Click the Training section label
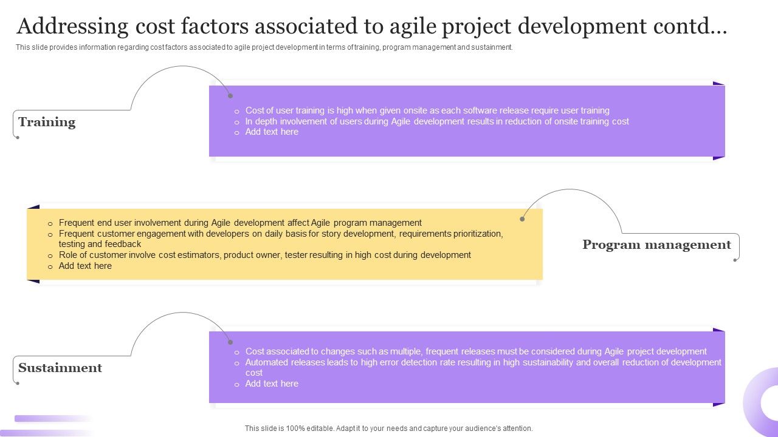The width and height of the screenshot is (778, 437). coord(47,122)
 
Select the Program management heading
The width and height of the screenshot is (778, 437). coord(656,245)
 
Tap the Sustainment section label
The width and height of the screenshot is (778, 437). coord(60,368)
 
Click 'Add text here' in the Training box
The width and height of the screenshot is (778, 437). coord(272,132)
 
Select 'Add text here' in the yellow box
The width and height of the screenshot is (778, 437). coord(85,266)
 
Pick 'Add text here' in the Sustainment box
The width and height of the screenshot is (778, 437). coord(272,384)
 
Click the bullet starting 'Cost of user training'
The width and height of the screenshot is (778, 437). coord(427,110)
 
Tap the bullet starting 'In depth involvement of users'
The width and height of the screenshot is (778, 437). coord(436,121)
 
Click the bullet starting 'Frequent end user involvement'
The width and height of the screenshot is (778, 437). coord(240,223)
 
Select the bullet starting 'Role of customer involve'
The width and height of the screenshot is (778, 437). coord(264,255)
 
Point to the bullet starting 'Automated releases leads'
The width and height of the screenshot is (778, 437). coord(483,362)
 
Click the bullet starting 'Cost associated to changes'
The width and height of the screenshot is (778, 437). coord(475,351)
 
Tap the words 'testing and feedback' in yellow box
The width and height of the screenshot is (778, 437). coord(100,244)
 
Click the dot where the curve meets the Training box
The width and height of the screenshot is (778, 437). coord(230,95)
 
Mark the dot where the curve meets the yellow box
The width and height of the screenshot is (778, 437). coord(522,218)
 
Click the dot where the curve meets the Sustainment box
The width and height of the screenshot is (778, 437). coord(230,342)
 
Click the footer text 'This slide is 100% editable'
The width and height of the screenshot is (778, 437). coord(388,429)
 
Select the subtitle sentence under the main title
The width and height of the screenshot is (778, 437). coord(264,47)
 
